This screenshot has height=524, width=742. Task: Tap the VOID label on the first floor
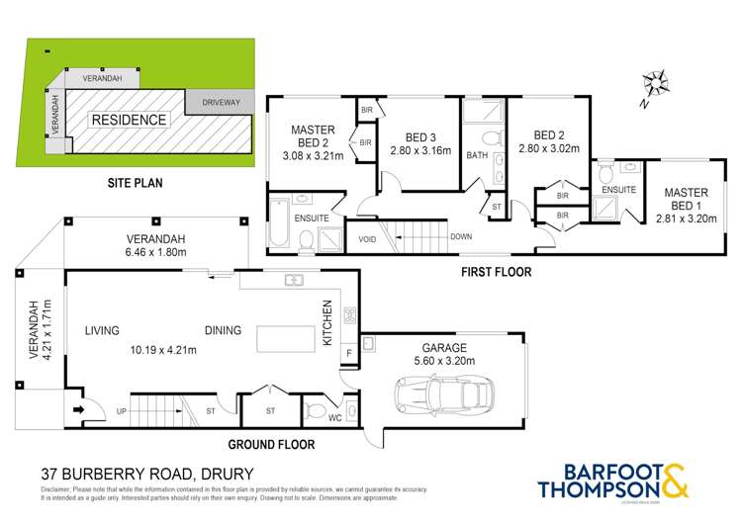point(368,238)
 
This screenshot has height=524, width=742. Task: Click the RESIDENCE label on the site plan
point(130,120)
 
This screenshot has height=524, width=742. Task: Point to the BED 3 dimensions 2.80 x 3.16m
point(420,151)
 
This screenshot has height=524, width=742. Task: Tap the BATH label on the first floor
point(477,155)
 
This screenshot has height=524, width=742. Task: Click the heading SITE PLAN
point(135,183)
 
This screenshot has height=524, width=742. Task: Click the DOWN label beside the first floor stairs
point(460,237)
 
